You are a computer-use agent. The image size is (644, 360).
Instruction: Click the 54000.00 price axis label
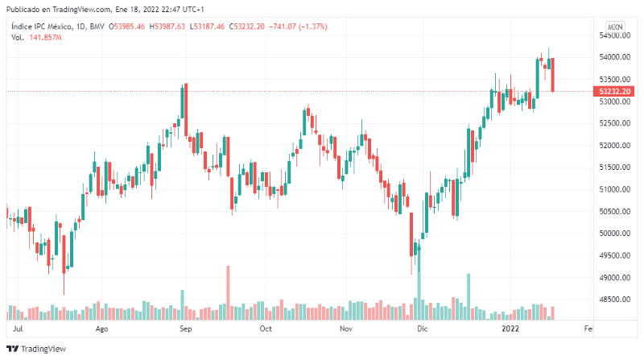tap(613, 57)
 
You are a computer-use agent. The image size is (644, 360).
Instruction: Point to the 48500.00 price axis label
tap(613, 300)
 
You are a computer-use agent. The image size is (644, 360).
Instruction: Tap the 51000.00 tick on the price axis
tap(613, 189)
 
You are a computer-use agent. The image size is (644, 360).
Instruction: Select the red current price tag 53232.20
tap(616, 91)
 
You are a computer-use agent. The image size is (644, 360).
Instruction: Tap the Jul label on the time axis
tap(19, 329)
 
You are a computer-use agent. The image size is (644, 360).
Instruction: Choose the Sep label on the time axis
tap(185, 329)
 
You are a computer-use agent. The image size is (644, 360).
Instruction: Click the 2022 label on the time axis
tap(510, 329)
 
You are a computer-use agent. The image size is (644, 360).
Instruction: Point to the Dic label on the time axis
tap(423, 329)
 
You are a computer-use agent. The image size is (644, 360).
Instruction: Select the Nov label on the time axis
tap(346, 329)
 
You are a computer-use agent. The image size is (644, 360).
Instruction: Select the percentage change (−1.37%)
tap(308, 27)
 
